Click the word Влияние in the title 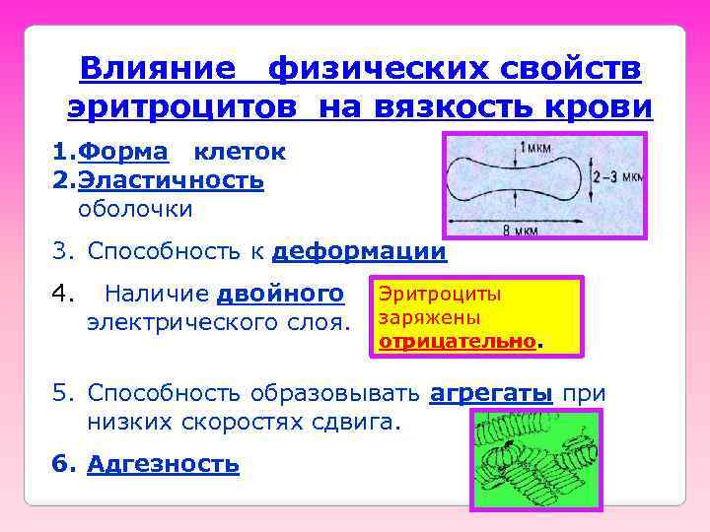coord(158,69)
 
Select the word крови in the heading coord(603,107)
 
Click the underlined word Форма coord(123,152)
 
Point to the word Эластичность coord(171,180)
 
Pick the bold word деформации coord(359,251)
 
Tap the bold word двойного coord(280,293)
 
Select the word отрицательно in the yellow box coord(459,340)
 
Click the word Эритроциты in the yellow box coord(440,295)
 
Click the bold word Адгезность coord(163,464)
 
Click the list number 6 coord(62,464)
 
